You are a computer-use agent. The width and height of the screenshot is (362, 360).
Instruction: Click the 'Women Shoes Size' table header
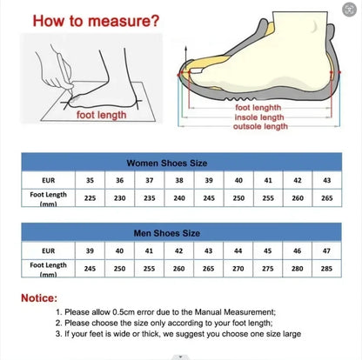click(x=179, y=163)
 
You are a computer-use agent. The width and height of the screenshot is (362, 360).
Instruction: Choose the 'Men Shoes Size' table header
click(x=179, y=233)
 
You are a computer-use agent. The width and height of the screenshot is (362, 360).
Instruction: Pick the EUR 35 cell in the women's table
click(x=90, y=180)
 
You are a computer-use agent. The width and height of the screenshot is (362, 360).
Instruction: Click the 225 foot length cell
click(x=90, y=197)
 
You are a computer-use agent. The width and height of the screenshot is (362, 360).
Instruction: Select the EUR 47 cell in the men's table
click(x=326, y=250)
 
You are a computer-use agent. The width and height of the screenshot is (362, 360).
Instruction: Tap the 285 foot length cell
click(x=326, y=268)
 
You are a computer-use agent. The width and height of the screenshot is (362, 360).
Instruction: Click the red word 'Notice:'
click(x=44, y=297)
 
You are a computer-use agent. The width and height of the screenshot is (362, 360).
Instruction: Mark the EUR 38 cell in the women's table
click(x=178, y=180)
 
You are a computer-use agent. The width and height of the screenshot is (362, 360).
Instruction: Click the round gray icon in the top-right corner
click(x=350, y=11)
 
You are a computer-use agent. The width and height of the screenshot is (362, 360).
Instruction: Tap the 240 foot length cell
click(x=178, y=197)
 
